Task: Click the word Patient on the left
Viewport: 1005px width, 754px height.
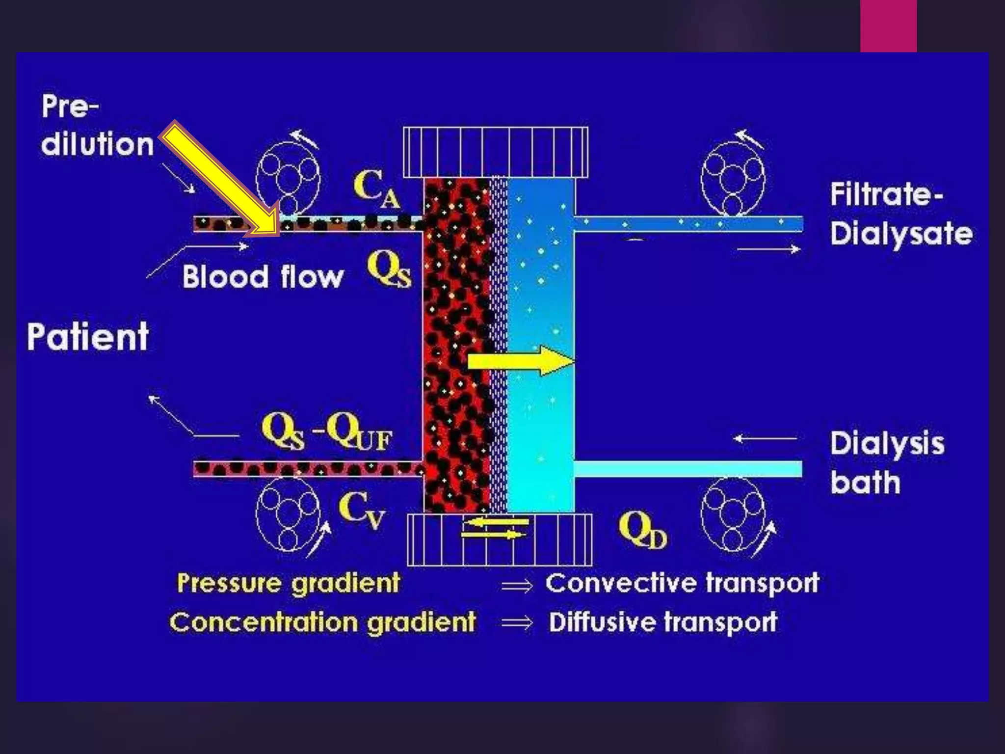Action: [x=88, y=337]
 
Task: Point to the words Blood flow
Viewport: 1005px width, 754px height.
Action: [x=263, y=277]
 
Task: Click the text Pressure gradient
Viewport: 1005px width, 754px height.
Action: [x=289, y=583]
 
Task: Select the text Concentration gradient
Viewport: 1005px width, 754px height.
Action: [x=322, y=622]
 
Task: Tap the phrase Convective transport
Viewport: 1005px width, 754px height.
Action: [x=682, y=583]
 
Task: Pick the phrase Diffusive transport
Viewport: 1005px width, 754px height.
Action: [x=663, y=622]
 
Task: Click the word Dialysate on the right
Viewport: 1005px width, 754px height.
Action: [x=901, y=234]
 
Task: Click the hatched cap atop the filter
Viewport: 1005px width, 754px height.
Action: [x=495, y=152]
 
